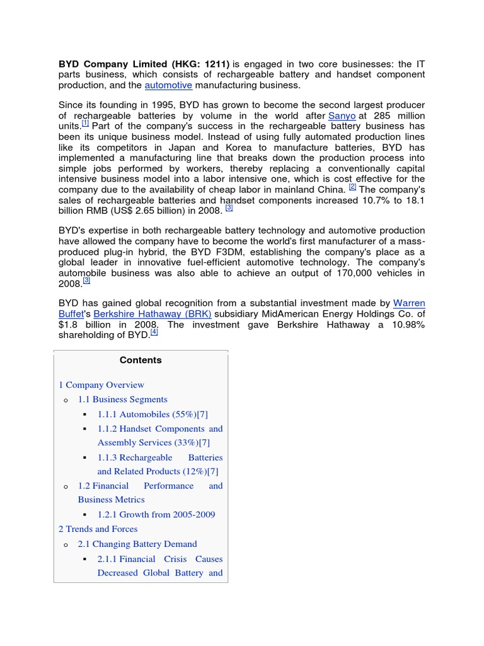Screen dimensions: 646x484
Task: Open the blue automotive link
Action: (168, 85)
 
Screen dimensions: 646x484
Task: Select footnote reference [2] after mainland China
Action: (352, 187)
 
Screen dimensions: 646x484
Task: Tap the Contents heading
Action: (141, 360)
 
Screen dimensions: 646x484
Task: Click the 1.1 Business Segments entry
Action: (122, 399)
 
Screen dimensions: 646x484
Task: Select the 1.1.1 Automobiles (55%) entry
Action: (152, 414)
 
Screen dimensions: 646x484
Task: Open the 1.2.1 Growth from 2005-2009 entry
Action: (156, 514)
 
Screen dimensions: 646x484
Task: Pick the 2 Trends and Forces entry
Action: (98, 529)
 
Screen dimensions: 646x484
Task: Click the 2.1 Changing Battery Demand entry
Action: (137, 544)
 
